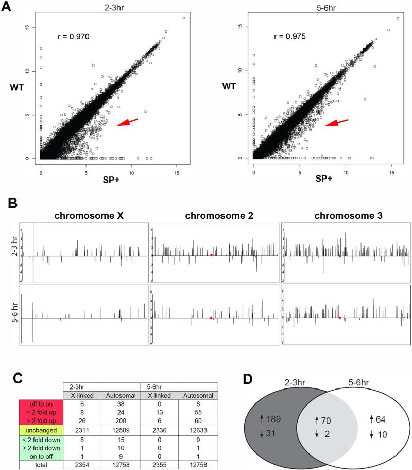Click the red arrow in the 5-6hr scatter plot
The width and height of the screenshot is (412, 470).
tap(336, 123)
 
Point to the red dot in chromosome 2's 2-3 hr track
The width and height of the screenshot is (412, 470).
tap(212, 255)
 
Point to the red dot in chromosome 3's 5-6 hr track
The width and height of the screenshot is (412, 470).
tap(340, 318)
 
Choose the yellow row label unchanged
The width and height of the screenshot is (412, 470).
tap(41, 426)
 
